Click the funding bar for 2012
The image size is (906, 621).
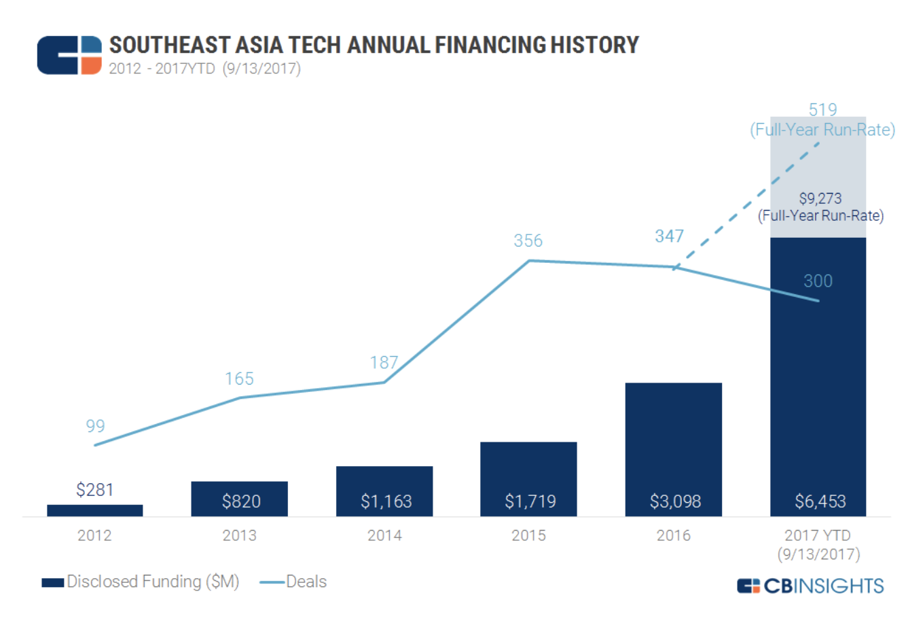click(x=94, y=510)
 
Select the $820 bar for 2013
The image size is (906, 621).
click(x=239, y=499)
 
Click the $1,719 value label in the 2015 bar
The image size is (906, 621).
click(x=530, y=501)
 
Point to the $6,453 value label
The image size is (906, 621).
click(x=820, y=501)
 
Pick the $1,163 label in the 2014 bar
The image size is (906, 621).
click(x=386, y=501)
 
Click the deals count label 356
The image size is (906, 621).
click(x=528, y=241)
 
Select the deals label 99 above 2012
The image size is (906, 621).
click(x=95, y=426)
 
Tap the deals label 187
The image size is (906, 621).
click(x=384, y=362)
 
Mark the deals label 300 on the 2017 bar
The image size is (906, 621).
click(x=818, y=281)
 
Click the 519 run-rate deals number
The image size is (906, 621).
click(x=822, y=109)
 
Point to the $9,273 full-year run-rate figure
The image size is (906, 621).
click(x=820, y=198)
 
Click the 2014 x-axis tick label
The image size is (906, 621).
click(x=384, y=535)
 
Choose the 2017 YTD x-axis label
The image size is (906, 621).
click(x=818, y=544)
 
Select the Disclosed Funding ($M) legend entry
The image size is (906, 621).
click(x=141, y=582)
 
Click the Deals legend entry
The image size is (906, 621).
click(x=294, y=582)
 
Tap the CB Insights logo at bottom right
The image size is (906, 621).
click(x=810, y=586)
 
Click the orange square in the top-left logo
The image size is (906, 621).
click(x=91, y=66)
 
